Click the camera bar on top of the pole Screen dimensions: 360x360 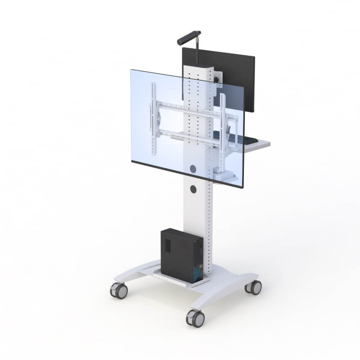pyautogui.click(x=189, y=37)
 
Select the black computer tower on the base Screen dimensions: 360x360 pyautogui.click(x=180, y=254)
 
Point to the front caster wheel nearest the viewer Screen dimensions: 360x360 pyautogui.click(x=195, y=318)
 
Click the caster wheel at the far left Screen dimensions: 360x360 pyautogui.click(x=119, y=290)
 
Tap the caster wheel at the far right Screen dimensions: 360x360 pyautogui.click(x=254, y=287)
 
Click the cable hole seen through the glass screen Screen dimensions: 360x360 pyautogui.click(x=193, y=169)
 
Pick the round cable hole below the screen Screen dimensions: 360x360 pyautogui.click(x=193, y=189)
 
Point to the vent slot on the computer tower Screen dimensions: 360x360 pyautogui.click(x=167, y=245)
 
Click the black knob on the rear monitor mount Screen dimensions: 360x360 pyautogui.click(x=220, y=80)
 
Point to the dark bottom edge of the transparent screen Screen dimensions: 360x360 pyautogui.click(x=187, y=173)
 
